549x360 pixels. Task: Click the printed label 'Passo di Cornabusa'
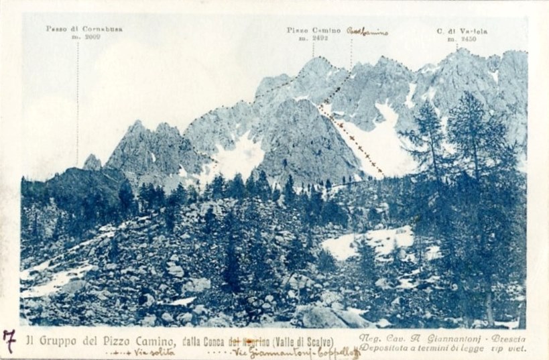[x=84, y=29]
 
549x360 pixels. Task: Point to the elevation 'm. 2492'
[x=312, y=38]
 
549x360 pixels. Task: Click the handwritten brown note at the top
[x=367, y=31]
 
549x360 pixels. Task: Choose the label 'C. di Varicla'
[x=462, y=31]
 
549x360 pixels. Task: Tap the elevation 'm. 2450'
[x=462, y=39]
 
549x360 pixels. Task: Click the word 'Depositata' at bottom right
[x=385, y=348]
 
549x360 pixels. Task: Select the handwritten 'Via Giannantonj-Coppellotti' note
[x=295, y=353]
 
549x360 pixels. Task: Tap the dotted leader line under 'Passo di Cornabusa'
[x=78, y=101]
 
